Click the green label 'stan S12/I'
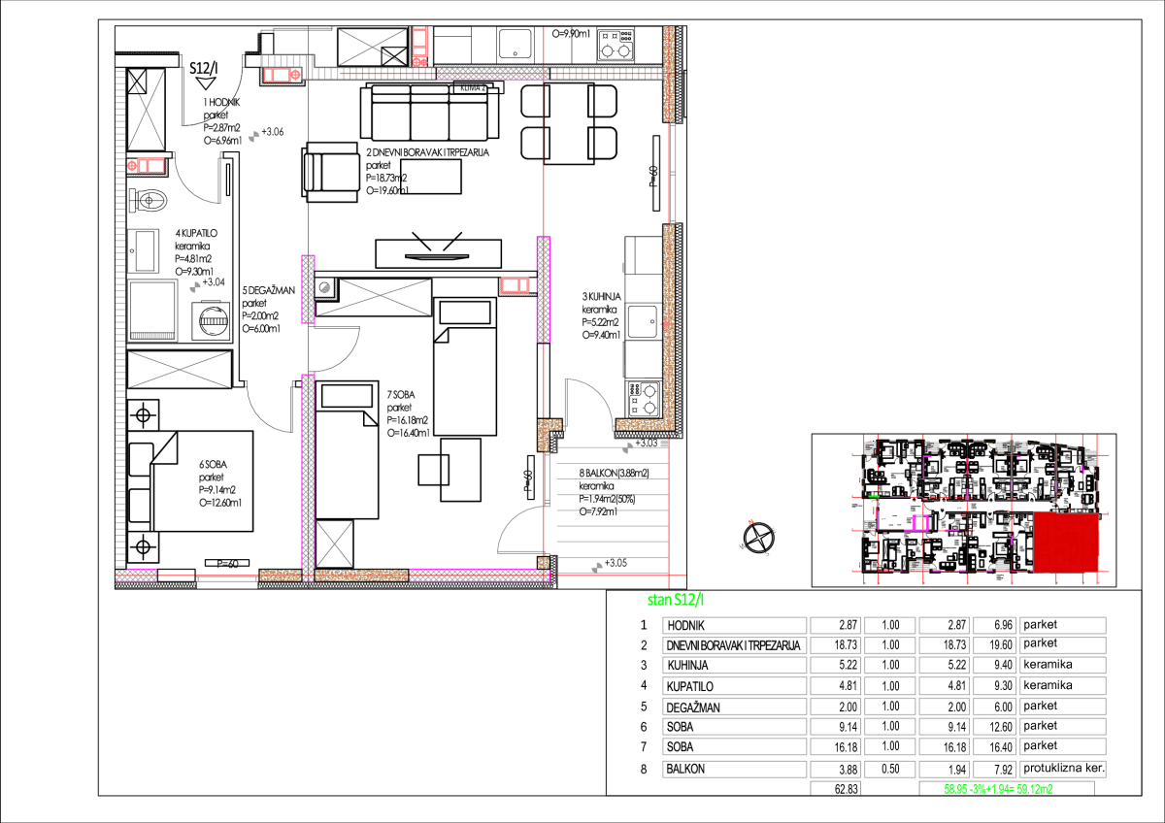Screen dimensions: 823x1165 [x=676, y=600]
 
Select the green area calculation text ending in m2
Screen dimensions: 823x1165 [x=998, y=789]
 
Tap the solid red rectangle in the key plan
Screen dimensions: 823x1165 [x=1065, y=542]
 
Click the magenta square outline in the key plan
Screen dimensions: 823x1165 [x=920, y=523]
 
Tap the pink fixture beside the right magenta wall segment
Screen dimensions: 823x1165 [x=515, y=285]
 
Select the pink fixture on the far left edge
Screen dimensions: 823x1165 [x=147, y=166]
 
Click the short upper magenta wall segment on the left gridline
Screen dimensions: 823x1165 [x=308, y=288]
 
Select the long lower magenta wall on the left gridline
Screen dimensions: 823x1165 [x=308, y=476]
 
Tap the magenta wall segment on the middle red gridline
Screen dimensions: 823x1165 [x=543, y=289]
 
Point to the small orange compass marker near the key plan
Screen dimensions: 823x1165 [x=750, y=522]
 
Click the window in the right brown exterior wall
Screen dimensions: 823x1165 [x=672, y=173]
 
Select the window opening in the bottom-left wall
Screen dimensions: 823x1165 [x=227, y=578]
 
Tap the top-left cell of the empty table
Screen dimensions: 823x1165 [x=734, y=625]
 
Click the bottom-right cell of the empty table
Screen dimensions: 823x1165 [x=1062, y=769]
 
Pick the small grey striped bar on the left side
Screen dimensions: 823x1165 [x=152, y=336]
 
